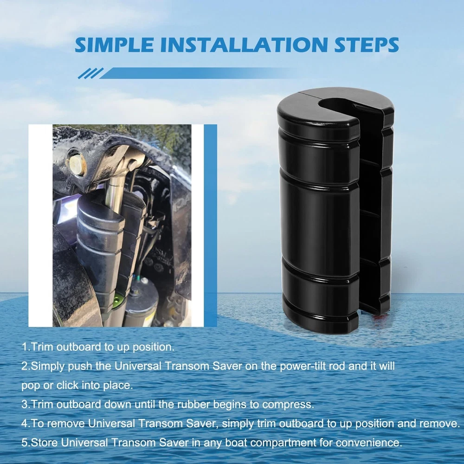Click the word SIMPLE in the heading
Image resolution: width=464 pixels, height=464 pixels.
pos(114,45)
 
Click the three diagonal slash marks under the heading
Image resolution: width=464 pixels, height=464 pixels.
pos(90,73)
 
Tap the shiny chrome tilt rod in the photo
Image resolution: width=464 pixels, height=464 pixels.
pos(113,189)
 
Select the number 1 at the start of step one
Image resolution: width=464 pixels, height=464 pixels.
pos(24,347)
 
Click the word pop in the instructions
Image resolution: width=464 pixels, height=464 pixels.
pos(30,386)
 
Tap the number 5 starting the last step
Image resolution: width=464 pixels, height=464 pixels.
pos(24,443)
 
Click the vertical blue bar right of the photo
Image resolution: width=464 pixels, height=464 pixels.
pos(210,226)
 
